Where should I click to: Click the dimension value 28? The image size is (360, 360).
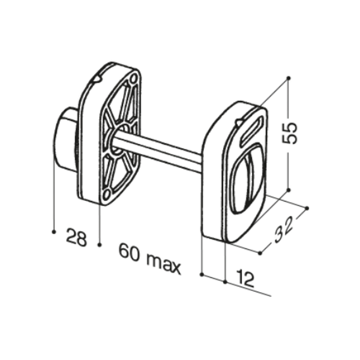(76, 238)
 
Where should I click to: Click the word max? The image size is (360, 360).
(163, 264)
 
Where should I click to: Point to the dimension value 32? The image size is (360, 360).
(283, 230)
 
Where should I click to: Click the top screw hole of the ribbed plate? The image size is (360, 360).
(133, 79)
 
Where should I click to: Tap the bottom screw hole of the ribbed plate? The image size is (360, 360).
(106, 195)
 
